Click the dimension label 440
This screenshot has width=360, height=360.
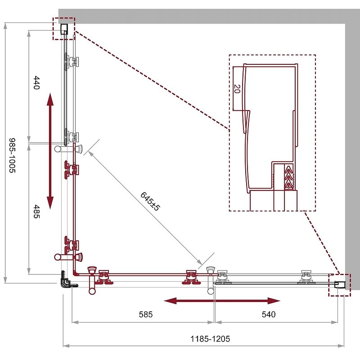pos(37,83)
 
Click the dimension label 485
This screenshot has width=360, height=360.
pos(37,211)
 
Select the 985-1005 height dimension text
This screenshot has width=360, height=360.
pos(12,155)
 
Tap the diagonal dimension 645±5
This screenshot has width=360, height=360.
pos(150,201)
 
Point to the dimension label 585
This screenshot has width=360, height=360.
pos(146,314)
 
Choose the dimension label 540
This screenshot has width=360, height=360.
pos(269,314)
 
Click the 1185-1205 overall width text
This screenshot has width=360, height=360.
pos(210,339)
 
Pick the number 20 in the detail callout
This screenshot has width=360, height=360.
pos(237,89)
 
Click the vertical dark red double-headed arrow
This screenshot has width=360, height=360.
pos(50,151)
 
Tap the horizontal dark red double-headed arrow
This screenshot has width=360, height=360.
pos(222,301)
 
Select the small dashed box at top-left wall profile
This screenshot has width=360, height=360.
pos(64,29)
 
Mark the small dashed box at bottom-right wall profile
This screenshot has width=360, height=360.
pos(339,285)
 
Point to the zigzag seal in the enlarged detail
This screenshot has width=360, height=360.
pos(289,177)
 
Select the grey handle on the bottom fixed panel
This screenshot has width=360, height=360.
pos(211,280)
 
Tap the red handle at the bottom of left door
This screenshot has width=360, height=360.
pos(68,256)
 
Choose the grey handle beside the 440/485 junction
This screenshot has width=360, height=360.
pos(68,149)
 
